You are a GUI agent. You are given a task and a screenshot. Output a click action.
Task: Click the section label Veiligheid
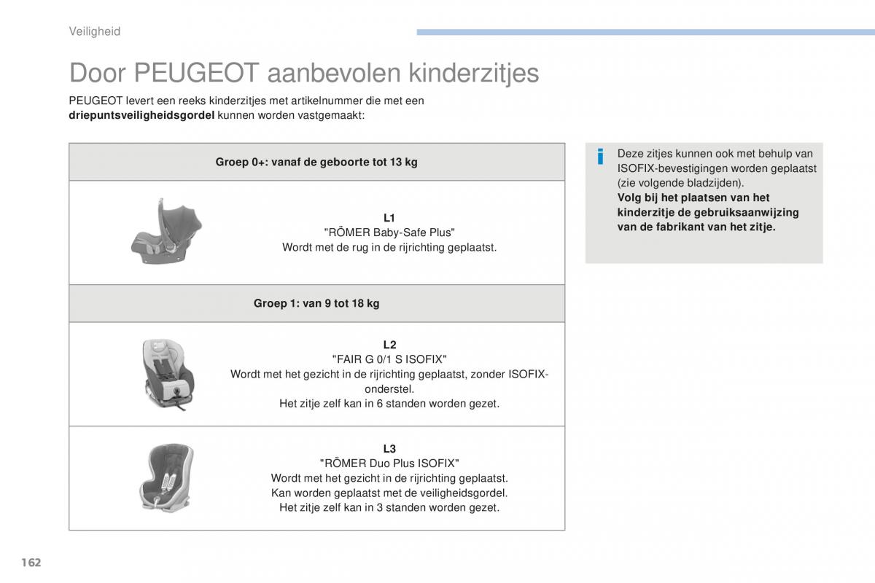(95, 31)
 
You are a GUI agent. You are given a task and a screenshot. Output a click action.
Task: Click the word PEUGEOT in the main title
(196, 73)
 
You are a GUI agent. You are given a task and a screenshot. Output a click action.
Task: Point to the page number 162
(31, 563)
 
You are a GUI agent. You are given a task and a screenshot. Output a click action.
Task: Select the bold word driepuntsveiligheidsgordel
(141, 116)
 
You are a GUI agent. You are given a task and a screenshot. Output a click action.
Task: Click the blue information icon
(600, 157)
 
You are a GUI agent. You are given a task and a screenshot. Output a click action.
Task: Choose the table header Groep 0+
(316, 162)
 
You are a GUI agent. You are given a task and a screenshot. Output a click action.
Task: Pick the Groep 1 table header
(316, 303)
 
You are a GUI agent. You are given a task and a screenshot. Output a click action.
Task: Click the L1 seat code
(389, 218)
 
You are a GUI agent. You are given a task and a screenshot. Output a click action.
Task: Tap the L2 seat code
(389, 345)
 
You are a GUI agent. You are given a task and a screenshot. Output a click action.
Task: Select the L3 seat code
(389, 449)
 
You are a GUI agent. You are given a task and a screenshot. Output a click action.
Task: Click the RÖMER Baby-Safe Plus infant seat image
(166, 231)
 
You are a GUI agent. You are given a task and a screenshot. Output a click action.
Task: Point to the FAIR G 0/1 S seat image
(168, 374)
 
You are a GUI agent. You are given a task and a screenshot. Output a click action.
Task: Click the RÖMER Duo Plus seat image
(166, 478)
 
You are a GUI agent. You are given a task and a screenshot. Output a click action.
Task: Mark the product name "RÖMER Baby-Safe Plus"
(389, 232)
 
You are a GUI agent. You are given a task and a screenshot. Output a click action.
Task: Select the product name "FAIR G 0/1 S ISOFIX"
(389, 360)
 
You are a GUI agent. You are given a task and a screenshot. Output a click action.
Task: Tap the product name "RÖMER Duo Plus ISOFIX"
(389, 463)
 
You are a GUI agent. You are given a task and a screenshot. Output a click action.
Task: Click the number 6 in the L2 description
(380, 404)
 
